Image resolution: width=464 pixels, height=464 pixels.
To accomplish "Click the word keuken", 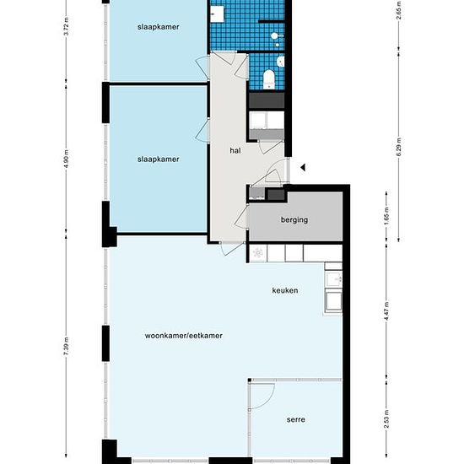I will (285, 291).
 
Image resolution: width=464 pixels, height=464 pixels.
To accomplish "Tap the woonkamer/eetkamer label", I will (183, 336).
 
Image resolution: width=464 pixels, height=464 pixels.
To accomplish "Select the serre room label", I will (295, 419).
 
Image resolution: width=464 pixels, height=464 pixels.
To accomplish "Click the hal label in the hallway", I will (236, 151).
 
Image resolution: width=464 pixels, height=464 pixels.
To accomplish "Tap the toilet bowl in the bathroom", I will (269, 80).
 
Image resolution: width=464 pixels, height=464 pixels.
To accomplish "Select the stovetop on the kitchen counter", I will (256, 251).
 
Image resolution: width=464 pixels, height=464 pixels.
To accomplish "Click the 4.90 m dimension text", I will (67, 159).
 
